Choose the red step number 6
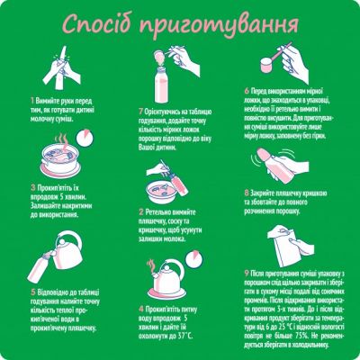tap(247, 91)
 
